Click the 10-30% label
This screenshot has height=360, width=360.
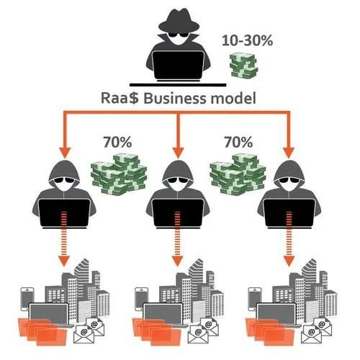click(x=247, y=40)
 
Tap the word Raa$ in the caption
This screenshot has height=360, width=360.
click(x=120, y=98)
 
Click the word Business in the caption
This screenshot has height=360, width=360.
click(x=175, y=98)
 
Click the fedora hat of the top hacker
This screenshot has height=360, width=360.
click(x=179, y=21)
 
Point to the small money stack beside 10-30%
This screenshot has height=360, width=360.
click(x=243, y=65)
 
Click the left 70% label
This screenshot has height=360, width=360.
click(x=117, y=142)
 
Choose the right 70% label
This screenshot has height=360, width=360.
click(x=238, y=142)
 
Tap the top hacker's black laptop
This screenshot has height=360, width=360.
click(x=178, y=66)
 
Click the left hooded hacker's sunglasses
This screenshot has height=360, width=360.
click(x=64, y=180)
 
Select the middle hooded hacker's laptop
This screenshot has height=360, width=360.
click(x=178, y=213)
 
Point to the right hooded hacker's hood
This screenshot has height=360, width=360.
click(x=289, y=171)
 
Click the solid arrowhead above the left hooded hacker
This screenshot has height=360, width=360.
click(x=65, y=153)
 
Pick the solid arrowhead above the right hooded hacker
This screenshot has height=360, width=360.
click(x=289, y=153)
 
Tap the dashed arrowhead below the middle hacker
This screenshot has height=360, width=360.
click(x=177, y=261)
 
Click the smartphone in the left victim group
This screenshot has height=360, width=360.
click(x=27, y=299)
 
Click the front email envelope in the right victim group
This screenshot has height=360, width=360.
click(x=311, y=334)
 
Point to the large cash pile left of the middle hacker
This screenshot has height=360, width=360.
click(x=119, y=174)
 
